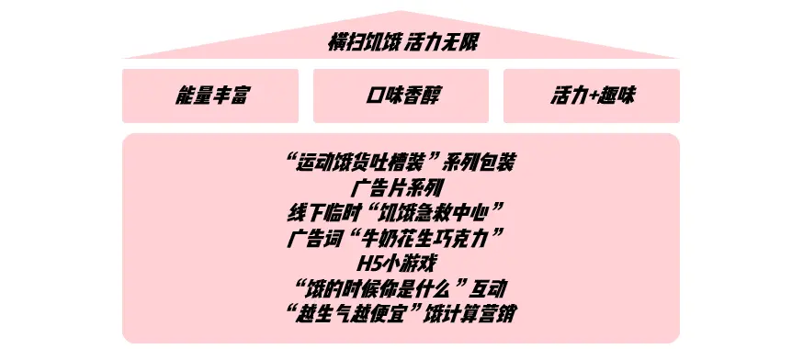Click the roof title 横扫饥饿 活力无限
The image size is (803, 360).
(401, 42)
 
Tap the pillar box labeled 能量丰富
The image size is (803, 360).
(210, 96)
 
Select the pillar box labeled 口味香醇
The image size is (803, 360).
(401, 96)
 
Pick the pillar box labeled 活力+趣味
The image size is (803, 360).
(592, 96)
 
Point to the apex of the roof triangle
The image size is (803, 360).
(401, 12)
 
